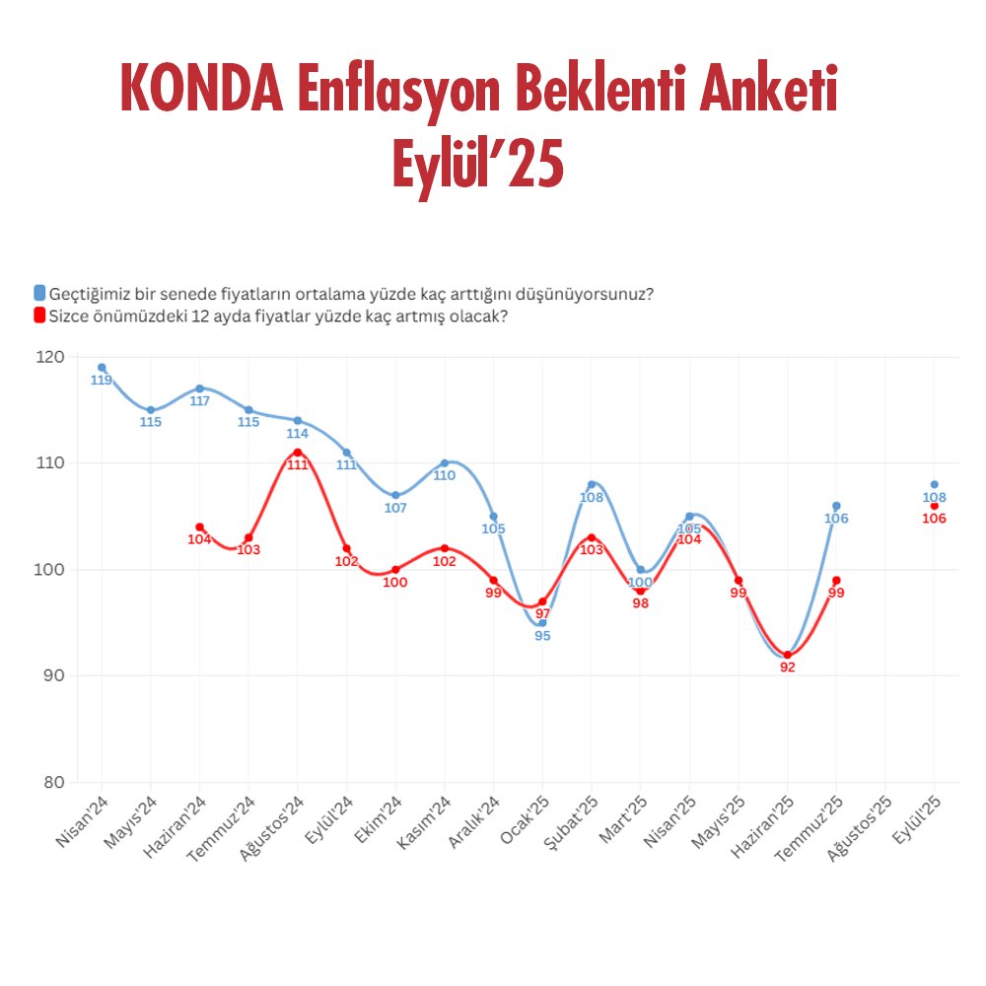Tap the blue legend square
(39, 293)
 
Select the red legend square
(39, 316)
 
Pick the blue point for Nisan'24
(102, 368)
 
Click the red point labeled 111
(297, 453)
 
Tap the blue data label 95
(542, 636)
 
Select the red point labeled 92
(787, 655)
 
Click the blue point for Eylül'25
(934, 484)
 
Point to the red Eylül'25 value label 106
(934, 519)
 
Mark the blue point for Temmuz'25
(836, 506)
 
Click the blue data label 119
(102, 381)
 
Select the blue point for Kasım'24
(445, 462)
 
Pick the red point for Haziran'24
(199, 528)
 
